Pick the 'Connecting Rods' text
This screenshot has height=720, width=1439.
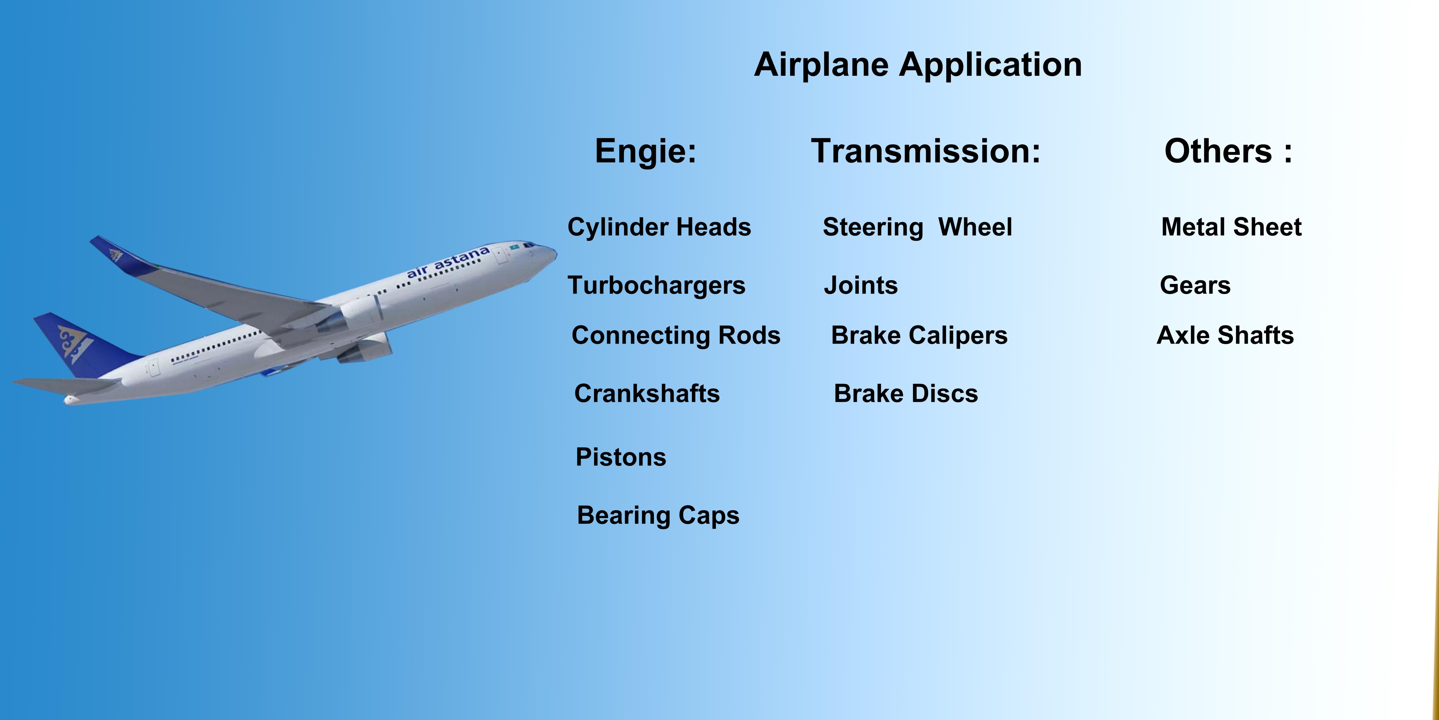(x=676, y=336)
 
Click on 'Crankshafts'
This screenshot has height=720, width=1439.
(x=647, y=393)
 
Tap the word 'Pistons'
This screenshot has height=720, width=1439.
(x=620, y=457)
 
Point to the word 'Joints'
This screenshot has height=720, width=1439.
(x=861, y=285)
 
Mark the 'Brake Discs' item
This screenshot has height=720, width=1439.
(x=906, y=393)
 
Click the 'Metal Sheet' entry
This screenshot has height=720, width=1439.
(x=1231, y=227)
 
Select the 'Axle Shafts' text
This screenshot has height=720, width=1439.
(x=1225, y=336)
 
